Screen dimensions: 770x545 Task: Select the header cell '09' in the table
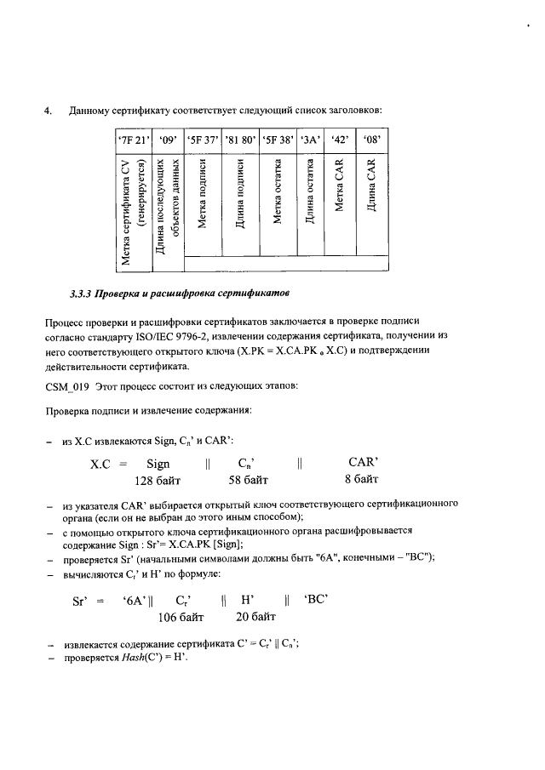point(166,139)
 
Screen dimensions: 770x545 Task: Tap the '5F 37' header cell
point(204,139)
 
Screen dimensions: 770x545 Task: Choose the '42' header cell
point(340,139)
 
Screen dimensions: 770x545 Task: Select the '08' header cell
point(371,139)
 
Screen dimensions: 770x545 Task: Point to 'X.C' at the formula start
point(102,465)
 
